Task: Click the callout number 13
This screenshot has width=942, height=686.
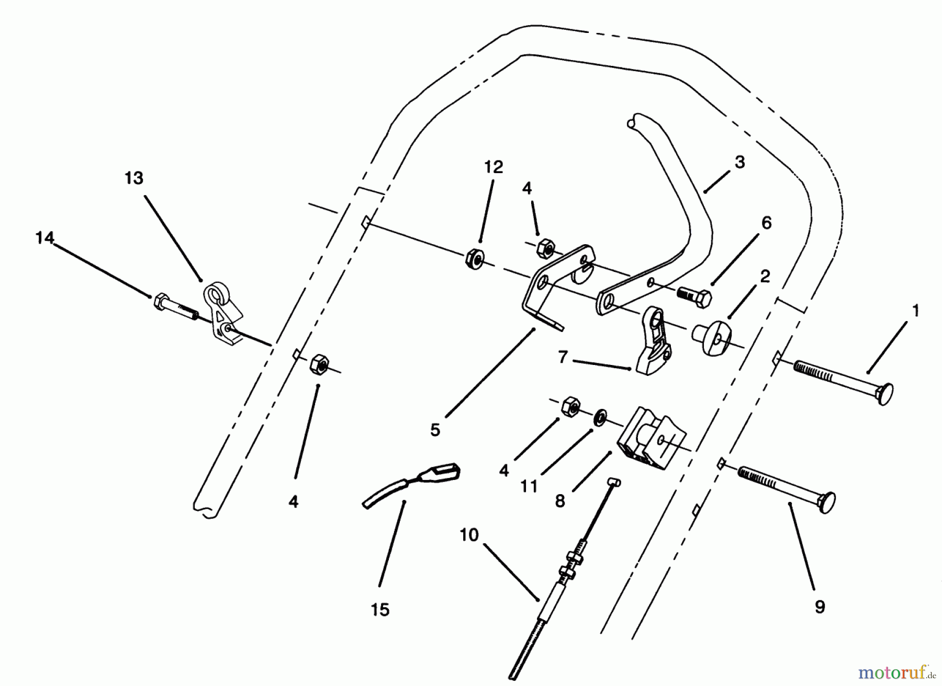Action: [x=134, y=178]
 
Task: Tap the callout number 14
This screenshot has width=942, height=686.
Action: [x=45, y=238]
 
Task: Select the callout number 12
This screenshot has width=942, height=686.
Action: [x=494, y=167]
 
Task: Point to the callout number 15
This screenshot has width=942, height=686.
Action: [x=380, y=610]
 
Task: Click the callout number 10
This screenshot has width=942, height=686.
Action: [x=469, y=535]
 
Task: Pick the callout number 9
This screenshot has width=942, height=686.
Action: [x=820, y=607]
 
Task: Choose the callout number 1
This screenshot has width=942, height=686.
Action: [x=915, y=311]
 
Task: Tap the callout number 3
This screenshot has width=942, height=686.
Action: [x=739, y=163]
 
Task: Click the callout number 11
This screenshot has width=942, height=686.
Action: [x=529, y=487]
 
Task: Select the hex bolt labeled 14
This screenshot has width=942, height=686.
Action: [x=175, y=308]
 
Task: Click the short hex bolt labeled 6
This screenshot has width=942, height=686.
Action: [x=694, y=297]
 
